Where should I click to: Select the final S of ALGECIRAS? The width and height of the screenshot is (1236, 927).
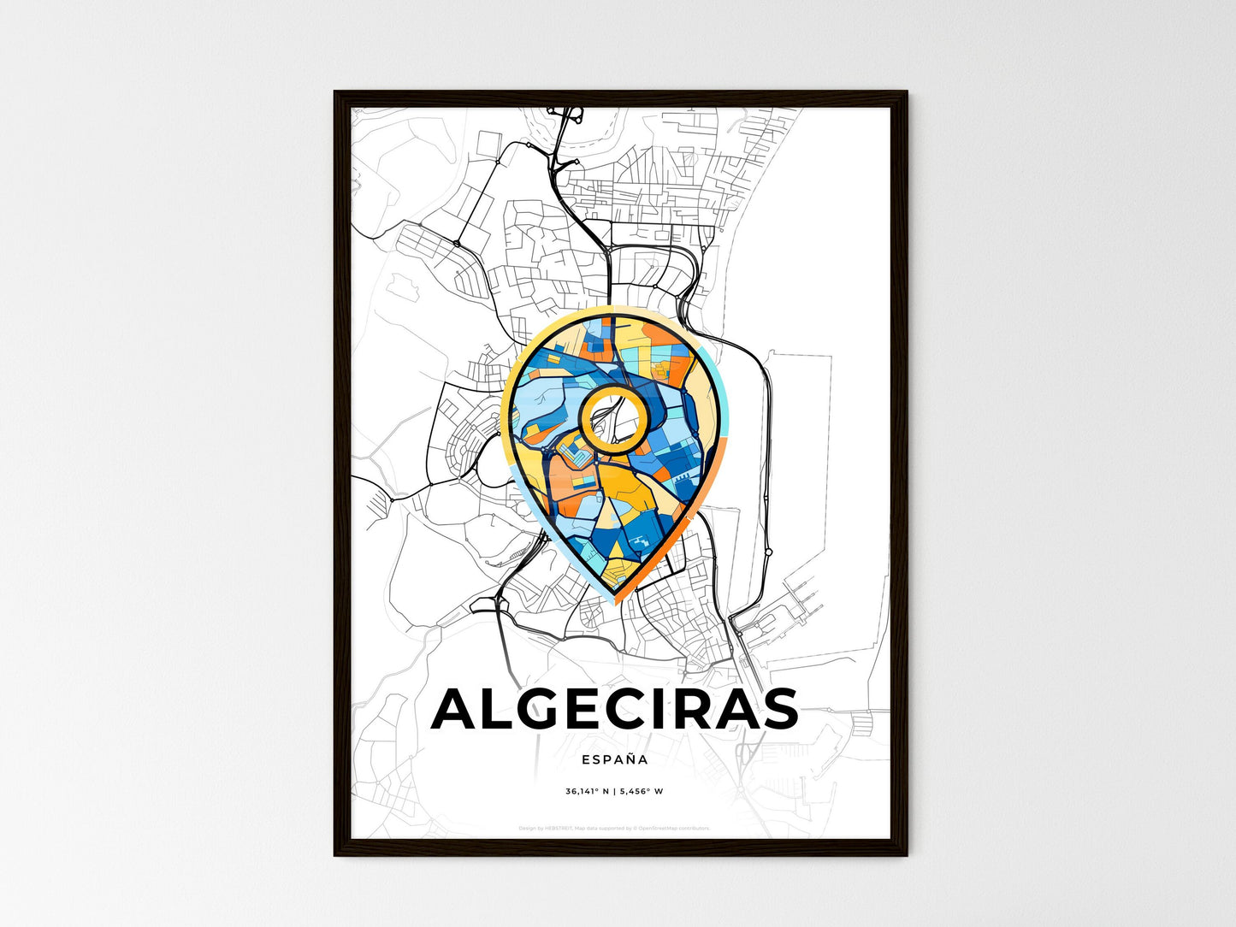(775, 709)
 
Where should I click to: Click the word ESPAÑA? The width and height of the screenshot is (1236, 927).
(614, 759)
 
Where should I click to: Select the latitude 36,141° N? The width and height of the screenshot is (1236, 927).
(588, 792)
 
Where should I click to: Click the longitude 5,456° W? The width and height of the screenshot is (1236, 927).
(642, 792)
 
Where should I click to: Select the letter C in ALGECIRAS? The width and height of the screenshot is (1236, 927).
(634, 709)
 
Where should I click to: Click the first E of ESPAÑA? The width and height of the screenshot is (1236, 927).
(585, 759)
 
